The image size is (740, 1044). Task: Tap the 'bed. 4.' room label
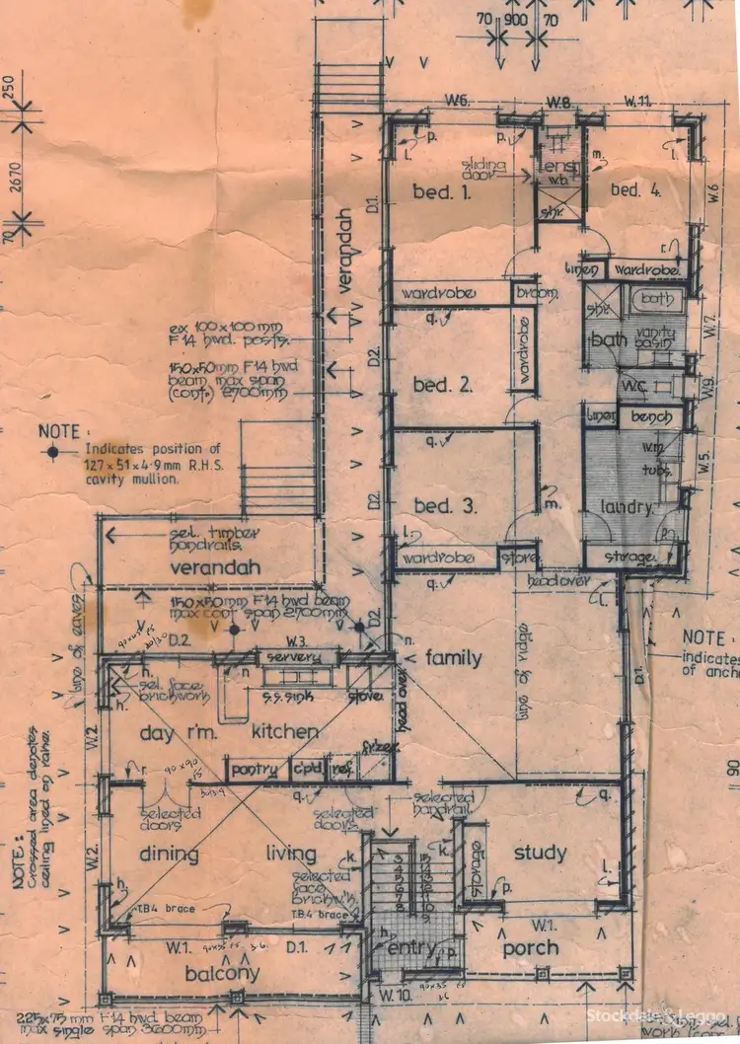pyautogui.click(x=634, y=190)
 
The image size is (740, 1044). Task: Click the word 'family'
pyautogui.click(x=454, y=657)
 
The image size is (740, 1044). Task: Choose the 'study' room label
pyautogui.click(x=541, y=853)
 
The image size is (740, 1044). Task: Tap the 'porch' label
pyautogui.click(x=532, y=947)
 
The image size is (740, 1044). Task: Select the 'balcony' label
pyautogui.click(x=221, y=973)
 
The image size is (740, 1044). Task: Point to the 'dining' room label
pyautogui.click(x=170, y=855)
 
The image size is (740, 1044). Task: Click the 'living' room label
pyautogui.click(x=290, y=855)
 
